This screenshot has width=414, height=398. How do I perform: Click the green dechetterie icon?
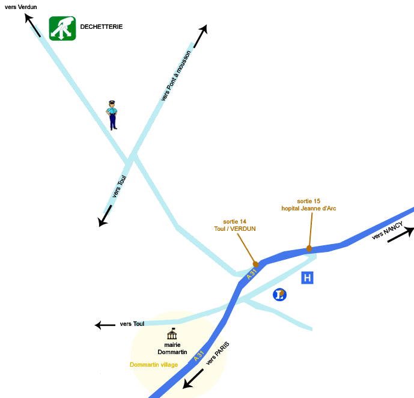[62, 28]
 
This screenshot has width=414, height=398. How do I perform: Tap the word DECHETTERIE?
[102, 27]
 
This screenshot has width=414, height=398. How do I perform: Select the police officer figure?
[112, 115]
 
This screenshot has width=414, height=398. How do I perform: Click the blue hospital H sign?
[307, 278]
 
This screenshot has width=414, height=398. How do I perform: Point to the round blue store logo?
[279, 295]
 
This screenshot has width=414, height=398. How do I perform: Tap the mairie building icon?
[172, 334]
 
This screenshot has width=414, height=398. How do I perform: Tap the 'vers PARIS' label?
[218, 354]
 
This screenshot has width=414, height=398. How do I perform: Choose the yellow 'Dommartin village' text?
[154, 365]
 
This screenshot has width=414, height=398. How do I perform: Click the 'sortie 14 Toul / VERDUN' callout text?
[235, 225]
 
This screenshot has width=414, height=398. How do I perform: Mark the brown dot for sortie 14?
[256, 264]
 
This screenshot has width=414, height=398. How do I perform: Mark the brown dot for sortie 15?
[309, 248]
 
